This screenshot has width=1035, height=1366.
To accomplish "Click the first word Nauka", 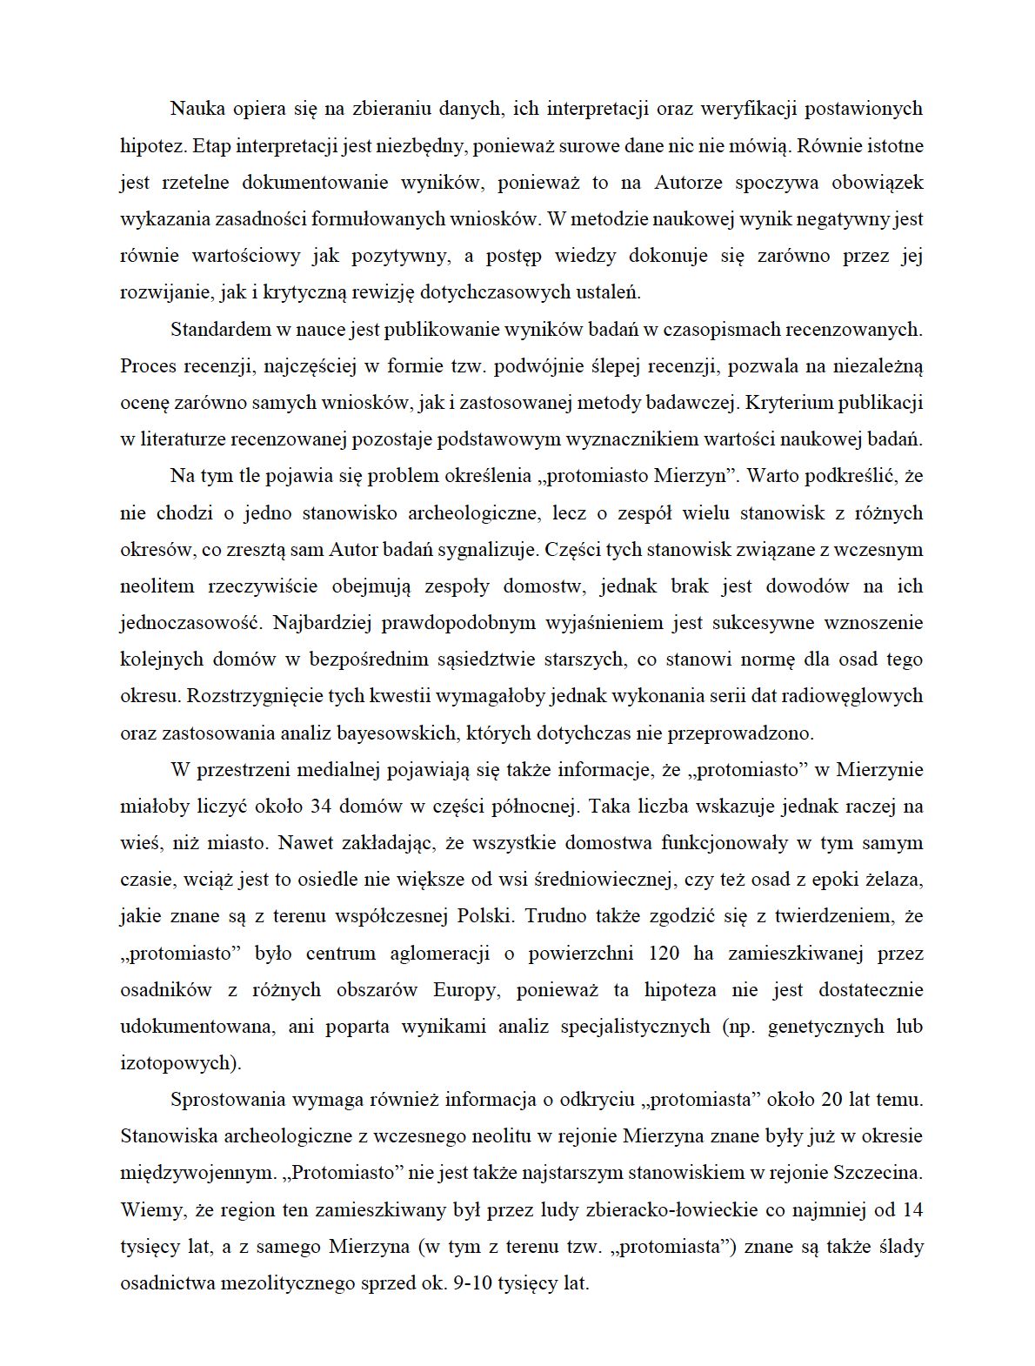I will click(x=197, y=109).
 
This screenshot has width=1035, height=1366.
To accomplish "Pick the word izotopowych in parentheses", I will click(x=178, y=1062).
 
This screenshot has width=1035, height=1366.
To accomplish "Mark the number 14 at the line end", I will click(x=912, y=1209).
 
